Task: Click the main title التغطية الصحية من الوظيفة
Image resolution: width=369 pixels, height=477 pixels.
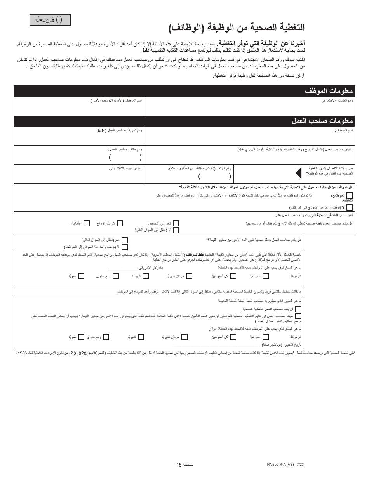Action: [x=237, y=28]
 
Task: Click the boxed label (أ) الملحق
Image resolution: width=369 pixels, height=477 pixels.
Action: [x=50, y=19]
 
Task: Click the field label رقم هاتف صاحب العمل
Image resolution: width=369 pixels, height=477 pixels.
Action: [x=125, y=149]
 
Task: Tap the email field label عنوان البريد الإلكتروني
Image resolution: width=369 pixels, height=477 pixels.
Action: [x=125, y=168]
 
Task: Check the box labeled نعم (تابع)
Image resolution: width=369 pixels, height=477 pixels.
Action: [x=350, y=196]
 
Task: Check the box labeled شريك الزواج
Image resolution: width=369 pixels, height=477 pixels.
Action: [x=120, y=223]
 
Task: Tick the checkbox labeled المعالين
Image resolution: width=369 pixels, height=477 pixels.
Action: [x=87, y=223]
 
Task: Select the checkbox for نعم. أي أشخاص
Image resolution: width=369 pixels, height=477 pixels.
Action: [x=176, y=223]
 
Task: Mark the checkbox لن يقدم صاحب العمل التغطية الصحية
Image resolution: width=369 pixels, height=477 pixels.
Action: [x=298, y=309]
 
